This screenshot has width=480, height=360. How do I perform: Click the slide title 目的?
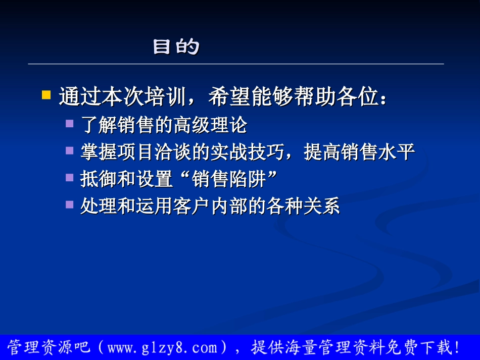176,47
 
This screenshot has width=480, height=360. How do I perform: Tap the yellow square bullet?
46,94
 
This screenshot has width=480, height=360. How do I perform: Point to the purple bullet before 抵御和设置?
69,177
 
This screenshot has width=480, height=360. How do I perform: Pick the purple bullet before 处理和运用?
69,204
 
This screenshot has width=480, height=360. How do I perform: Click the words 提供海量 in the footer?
278,347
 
